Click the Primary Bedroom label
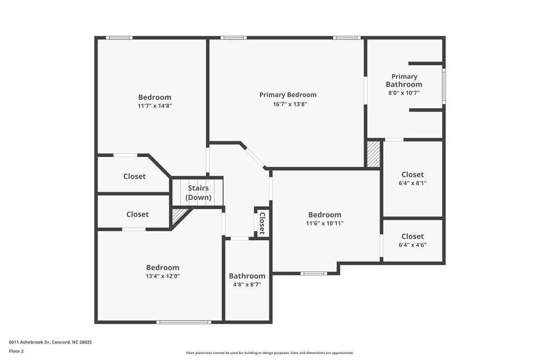[288, 95]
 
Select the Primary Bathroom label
[404, 80]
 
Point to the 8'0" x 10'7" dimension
[404, 93]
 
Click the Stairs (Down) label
[198, 193]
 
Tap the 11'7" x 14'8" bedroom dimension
[154, 106]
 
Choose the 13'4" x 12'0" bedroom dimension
[163, 276]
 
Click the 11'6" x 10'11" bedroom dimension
[325, 223]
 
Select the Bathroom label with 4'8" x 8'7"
[247, 276]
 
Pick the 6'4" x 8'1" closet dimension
[413, 183]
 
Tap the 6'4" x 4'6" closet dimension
[413, 244]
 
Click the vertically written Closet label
[262, 222]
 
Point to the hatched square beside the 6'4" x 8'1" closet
[374, 154]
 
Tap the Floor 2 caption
[16, 351]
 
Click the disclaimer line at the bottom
[270, 353]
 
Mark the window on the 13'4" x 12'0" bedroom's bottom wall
[184, 322]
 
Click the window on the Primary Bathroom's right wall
[444, 85]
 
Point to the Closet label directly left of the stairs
[134, 176]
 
